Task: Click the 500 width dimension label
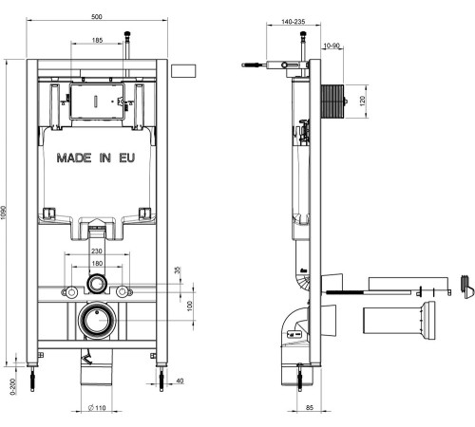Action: [97, 16]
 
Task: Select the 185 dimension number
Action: [97, 40]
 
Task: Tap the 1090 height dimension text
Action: [4, 213]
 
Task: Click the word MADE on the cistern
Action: [74, 158]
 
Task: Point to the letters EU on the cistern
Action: [127, 158]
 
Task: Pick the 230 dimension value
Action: [97, 251]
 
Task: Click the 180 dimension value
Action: [97, 263]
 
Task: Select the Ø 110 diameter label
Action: [97, 408]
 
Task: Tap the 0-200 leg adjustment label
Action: [13, 386]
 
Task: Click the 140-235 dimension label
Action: [294, 22]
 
